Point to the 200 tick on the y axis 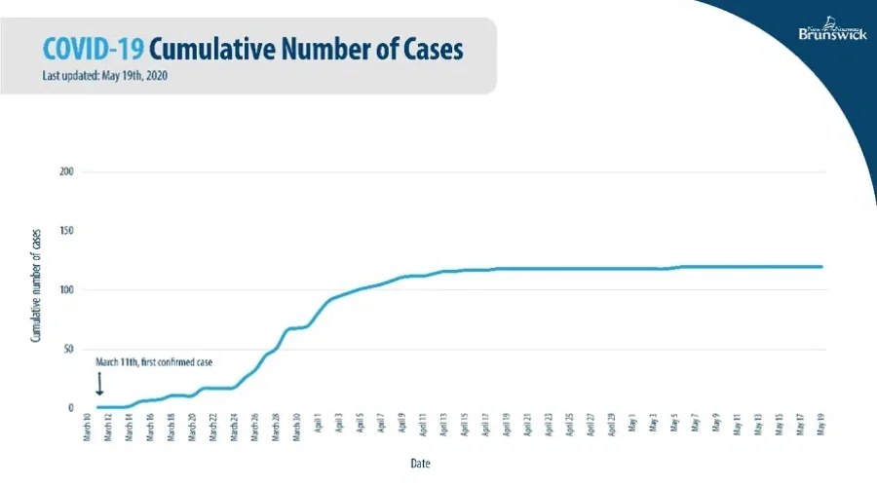click(x=67, y=172)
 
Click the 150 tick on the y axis click(x=67, y=232)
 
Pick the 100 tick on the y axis click(x=67, y=290)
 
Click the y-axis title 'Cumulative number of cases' click(x=35, y=290)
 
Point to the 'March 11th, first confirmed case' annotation click(x=154, y=361)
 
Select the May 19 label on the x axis click(x=821, y=429)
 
